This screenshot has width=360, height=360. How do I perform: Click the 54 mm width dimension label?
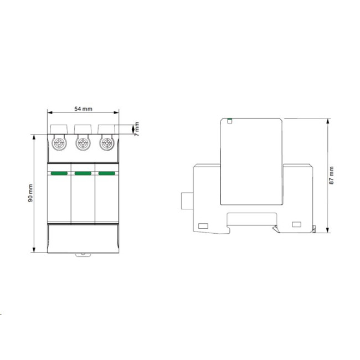coord(83,109)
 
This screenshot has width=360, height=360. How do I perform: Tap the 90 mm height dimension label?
coord(30,193)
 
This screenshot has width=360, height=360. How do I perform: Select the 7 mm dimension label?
coord(137,129)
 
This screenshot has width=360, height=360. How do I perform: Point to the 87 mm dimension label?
coord(331,176)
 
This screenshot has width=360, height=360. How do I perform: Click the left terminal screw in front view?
coord(59,143)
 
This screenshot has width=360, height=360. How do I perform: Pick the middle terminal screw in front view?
coord(83,143)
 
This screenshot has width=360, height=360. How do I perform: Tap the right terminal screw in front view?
coord(107,143)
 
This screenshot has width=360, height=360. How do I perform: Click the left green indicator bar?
coord(59,173)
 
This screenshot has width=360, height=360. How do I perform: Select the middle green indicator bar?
coord(83,173)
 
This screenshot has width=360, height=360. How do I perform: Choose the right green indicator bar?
coord(107,173)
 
